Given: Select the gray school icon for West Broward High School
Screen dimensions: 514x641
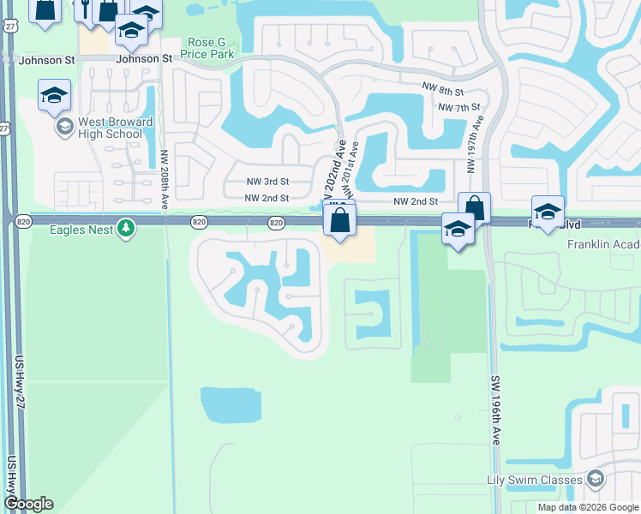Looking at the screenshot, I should pos(63,128).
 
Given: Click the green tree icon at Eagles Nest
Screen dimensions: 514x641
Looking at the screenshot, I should pos(127,229).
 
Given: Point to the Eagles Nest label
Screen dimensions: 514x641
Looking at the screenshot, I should pos(81,229).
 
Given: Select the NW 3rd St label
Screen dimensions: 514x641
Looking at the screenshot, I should pos(267,182).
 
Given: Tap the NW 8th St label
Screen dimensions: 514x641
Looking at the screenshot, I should pos(443,91).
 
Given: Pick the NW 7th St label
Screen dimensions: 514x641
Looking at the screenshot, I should pos(455,108).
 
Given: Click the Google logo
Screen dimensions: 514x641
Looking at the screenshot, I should pos(28,504).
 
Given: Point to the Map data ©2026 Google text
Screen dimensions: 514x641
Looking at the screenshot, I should pos(589,507).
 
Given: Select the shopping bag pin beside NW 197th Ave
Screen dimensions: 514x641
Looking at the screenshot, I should pos(474,208).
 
